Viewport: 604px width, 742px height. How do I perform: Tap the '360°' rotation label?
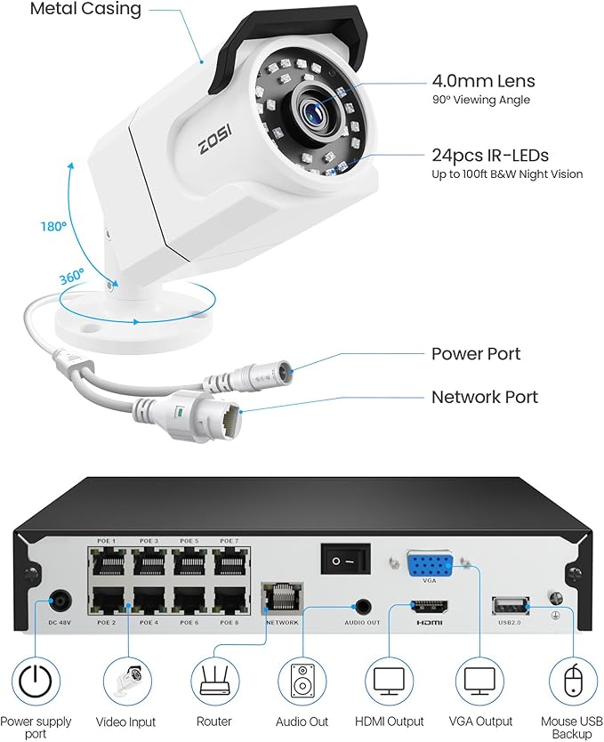tap(70, 276)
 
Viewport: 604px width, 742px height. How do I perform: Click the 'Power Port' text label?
tap(476, 353)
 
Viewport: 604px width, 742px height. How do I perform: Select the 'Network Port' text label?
tap(484, 397)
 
